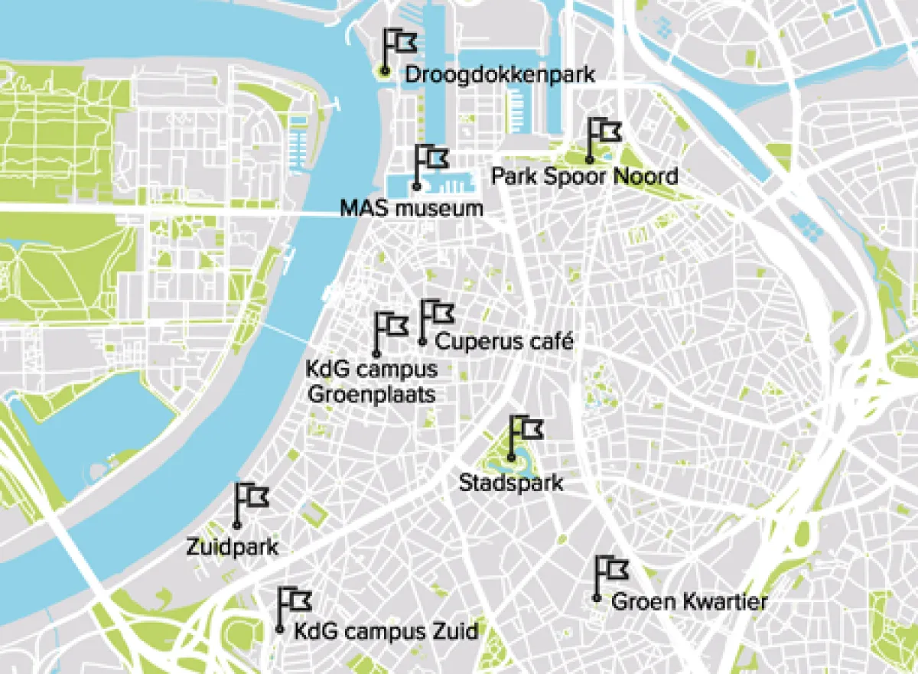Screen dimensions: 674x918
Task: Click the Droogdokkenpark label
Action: click(500, 75)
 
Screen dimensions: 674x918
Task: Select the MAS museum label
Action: click(412, 208)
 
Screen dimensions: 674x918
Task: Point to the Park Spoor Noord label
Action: click(584, 177)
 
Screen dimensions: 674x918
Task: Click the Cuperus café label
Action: click(503, 340)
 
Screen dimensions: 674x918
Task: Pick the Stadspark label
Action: click(511, 484)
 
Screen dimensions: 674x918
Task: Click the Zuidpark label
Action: click(233, 548)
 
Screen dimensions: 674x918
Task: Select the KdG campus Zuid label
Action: click(386, 631)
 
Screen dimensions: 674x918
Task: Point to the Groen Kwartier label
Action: click(688, 602)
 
